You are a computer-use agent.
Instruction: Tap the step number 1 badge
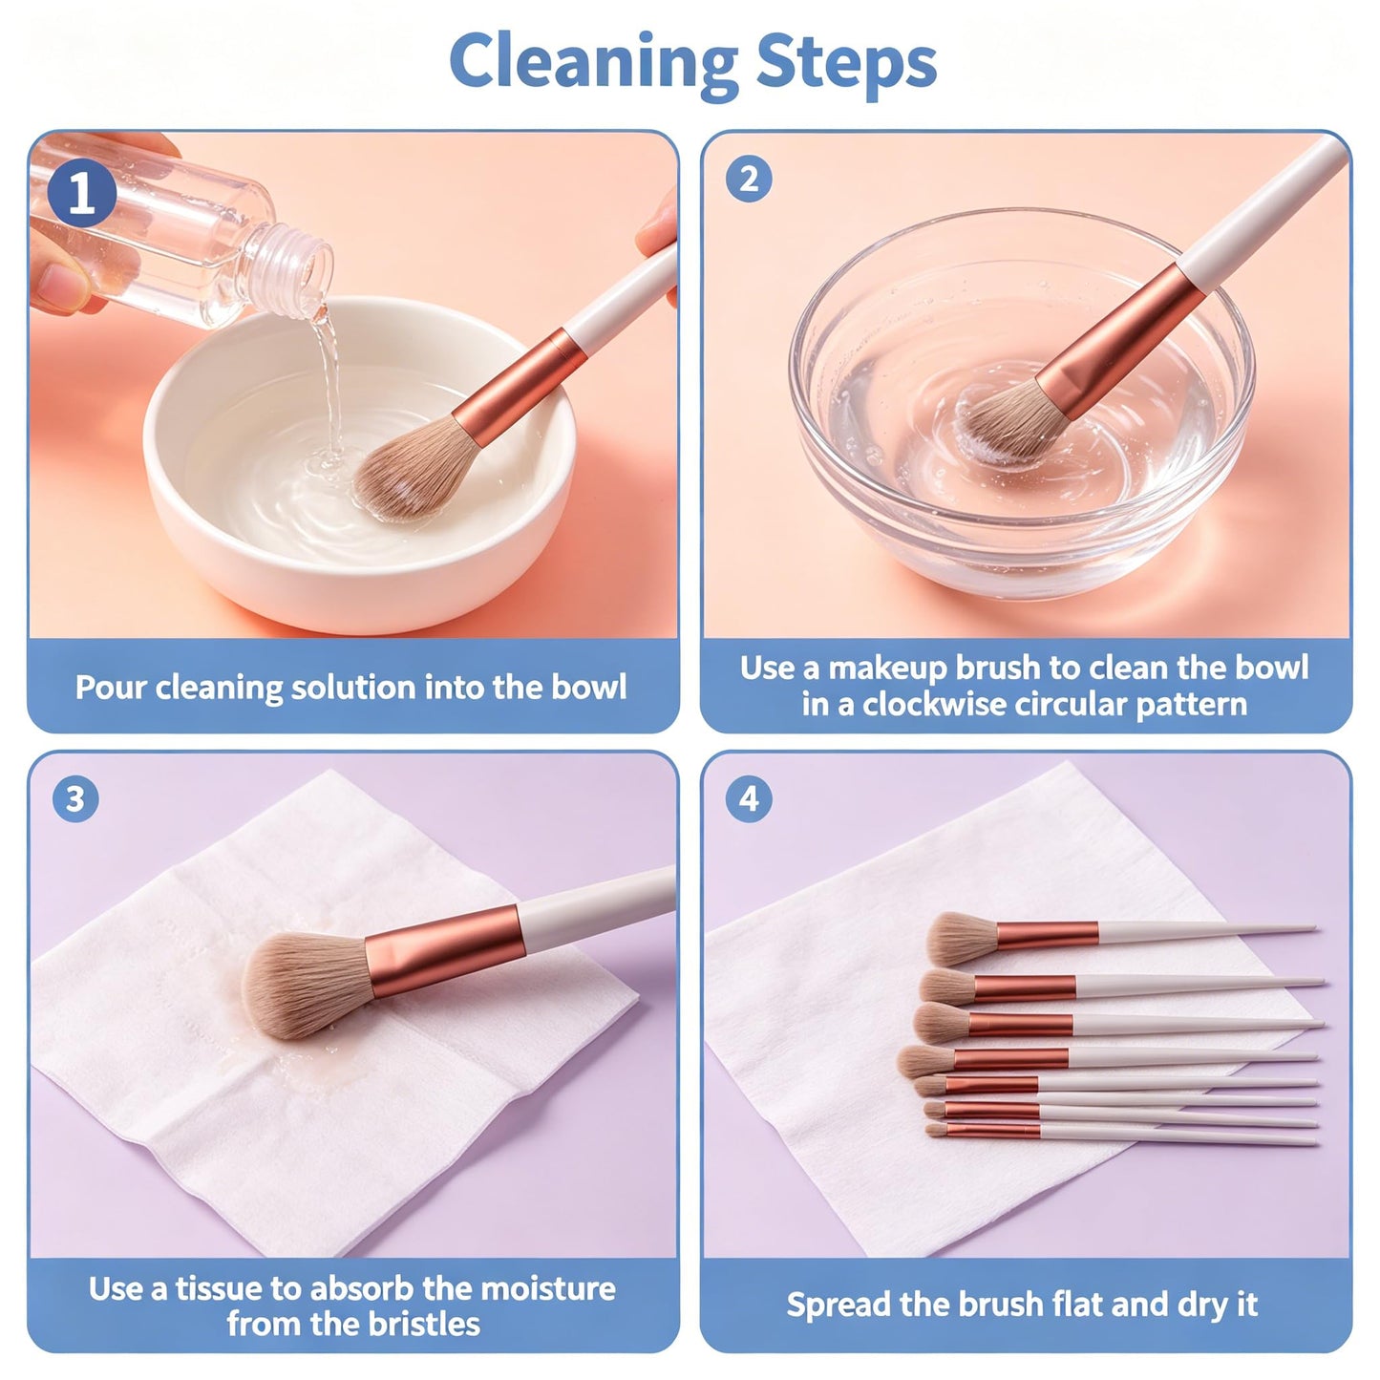81,193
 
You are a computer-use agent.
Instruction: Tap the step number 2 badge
749,179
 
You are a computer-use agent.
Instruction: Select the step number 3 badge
75,798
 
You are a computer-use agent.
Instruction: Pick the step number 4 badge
749,798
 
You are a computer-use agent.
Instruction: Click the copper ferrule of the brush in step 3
445,949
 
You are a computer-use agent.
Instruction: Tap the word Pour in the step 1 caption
110,687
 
